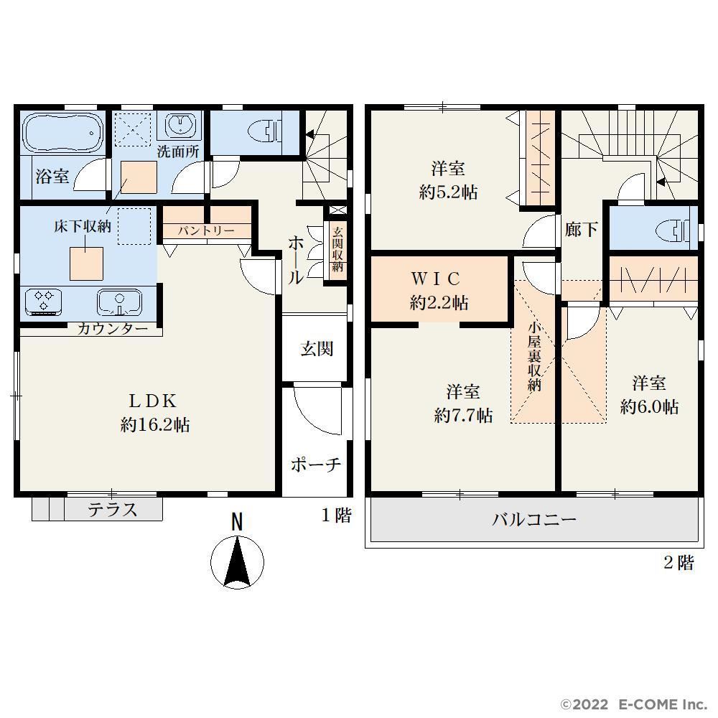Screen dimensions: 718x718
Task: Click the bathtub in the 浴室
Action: [x=62, y=132]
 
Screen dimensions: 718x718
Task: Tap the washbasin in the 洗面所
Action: [x=181, y=125]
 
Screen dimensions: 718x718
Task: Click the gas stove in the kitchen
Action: [x=44, y=302]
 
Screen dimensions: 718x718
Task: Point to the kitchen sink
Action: [x=119, y=302]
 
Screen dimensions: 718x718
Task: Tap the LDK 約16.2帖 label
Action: [x=154, y=413]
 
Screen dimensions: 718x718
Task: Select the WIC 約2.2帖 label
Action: [x=438, y=291]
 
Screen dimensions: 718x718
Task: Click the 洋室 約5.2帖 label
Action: [x=448, y=180]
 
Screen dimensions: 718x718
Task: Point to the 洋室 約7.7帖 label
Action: [x=463, y=404]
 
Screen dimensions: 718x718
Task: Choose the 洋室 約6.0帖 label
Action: [x=649, y=395]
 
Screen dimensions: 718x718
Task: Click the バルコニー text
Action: [x=534, y=520]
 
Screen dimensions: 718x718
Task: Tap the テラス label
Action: [x=113, y=509]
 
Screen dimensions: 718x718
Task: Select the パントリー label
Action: [x=205, y=230]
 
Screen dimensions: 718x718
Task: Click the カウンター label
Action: [x=113, y=329]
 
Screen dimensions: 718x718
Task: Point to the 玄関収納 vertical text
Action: [x=337, y=249]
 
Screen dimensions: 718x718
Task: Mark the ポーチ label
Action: [x=316, y=465]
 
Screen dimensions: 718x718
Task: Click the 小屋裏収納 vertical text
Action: [x=534, y=357]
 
